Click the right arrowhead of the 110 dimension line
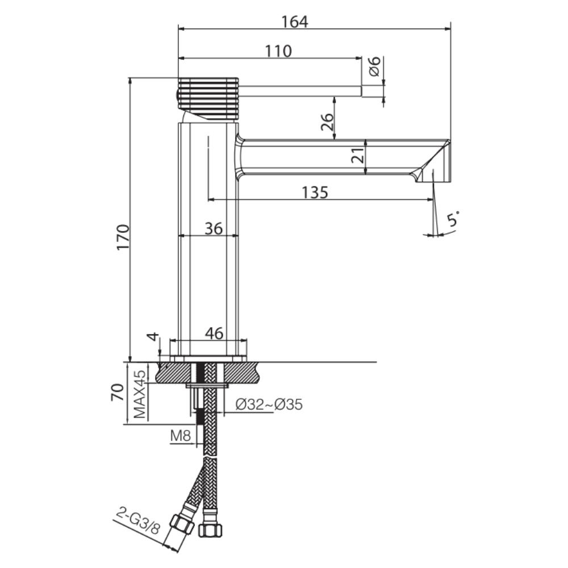coord(358,57)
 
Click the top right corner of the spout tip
coord(450,140)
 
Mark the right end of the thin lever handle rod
coord(361,91)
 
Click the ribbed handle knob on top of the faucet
coord(208,98)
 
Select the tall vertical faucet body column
coord(208,239)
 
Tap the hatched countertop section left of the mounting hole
coord(173,373)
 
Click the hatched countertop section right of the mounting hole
coord(243,373)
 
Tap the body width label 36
coord(214,228)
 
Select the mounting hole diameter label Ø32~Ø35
coord(269,404)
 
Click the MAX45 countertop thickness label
coord(140,394)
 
